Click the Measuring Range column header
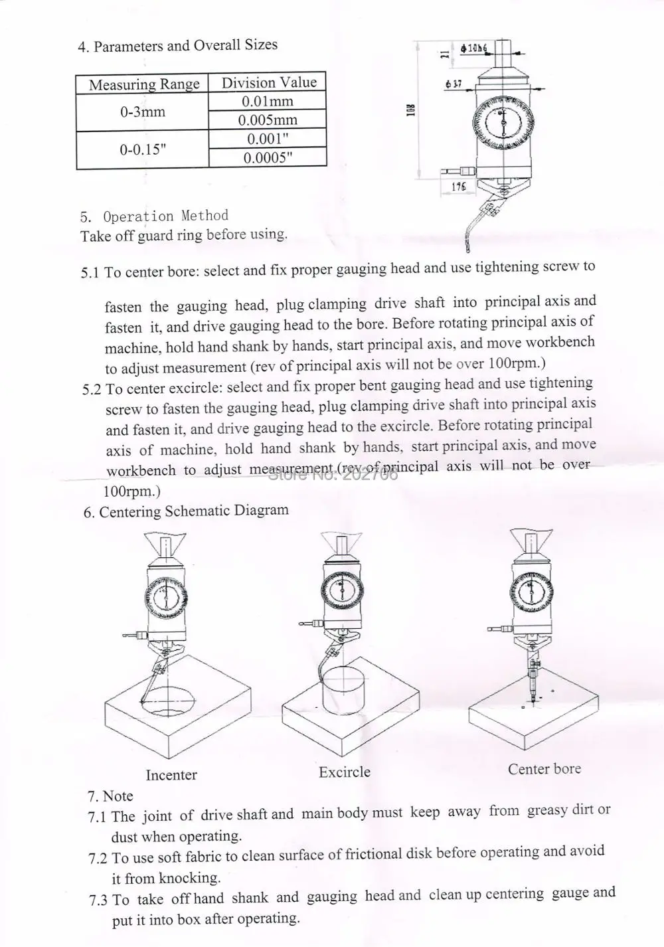[x=143, y=84]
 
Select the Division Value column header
[x=268, y=82]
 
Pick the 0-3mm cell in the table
[x=143, y=112]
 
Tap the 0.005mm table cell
[x=268, y=120]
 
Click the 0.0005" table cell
[x=268, y=157]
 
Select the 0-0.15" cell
[x=143, y=149]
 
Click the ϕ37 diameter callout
[x=454, y=84]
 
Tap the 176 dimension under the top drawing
[x=458, y=187]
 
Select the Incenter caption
[x=171, y=774]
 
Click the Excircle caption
[x=344, y=772]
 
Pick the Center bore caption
[x=544, y=768]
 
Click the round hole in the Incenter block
[x=169, y=701]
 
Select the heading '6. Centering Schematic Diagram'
[x=186, y=511]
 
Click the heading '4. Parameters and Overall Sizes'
[x=178, y=46]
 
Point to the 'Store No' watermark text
[x=332, y=474]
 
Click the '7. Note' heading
[x=110, y=796]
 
